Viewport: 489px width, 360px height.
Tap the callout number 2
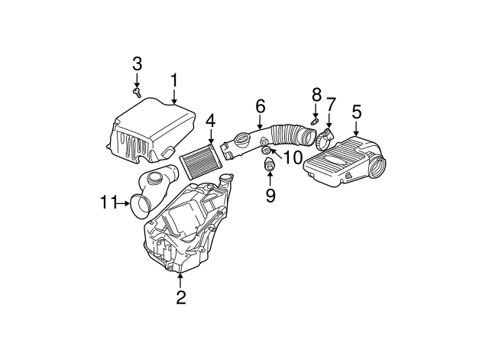pos(181,298)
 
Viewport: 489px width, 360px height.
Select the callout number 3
pos(137,63)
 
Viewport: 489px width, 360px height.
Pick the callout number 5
pos(356,112)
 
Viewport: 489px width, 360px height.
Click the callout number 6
pos(260,105)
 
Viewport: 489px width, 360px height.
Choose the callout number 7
pos(331,105)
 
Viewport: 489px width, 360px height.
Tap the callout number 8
pos(316,95)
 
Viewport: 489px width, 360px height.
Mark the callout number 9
pos(270,195)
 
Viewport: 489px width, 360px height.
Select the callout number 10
pos(293,157)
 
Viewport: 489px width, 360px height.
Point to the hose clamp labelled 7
pos(324,138)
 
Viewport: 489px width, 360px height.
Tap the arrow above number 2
pos(181,279)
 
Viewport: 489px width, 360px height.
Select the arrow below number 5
pos(356,130)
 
